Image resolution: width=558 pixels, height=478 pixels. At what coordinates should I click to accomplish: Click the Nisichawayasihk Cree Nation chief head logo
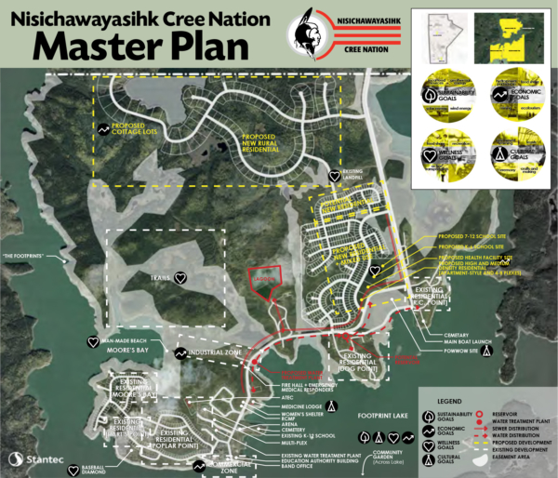pyautogui.click(x=303, y=34)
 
